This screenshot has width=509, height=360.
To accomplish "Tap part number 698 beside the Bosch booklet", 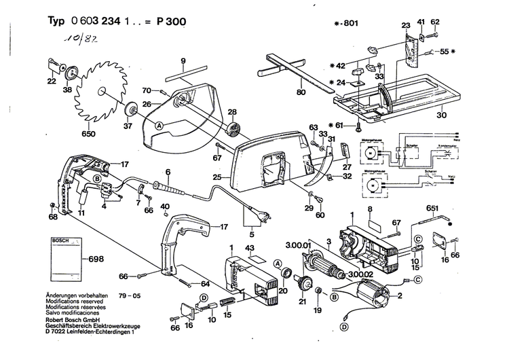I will [x=97, y=260].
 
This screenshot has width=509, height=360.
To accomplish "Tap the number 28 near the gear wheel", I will [x=232, y=112].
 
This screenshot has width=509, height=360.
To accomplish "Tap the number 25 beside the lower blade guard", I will [x=217, y=177].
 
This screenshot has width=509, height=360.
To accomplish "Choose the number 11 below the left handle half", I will [x=81, y=213].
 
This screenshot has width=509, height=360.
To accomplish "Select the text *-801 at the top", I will [x=347, y=23].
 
